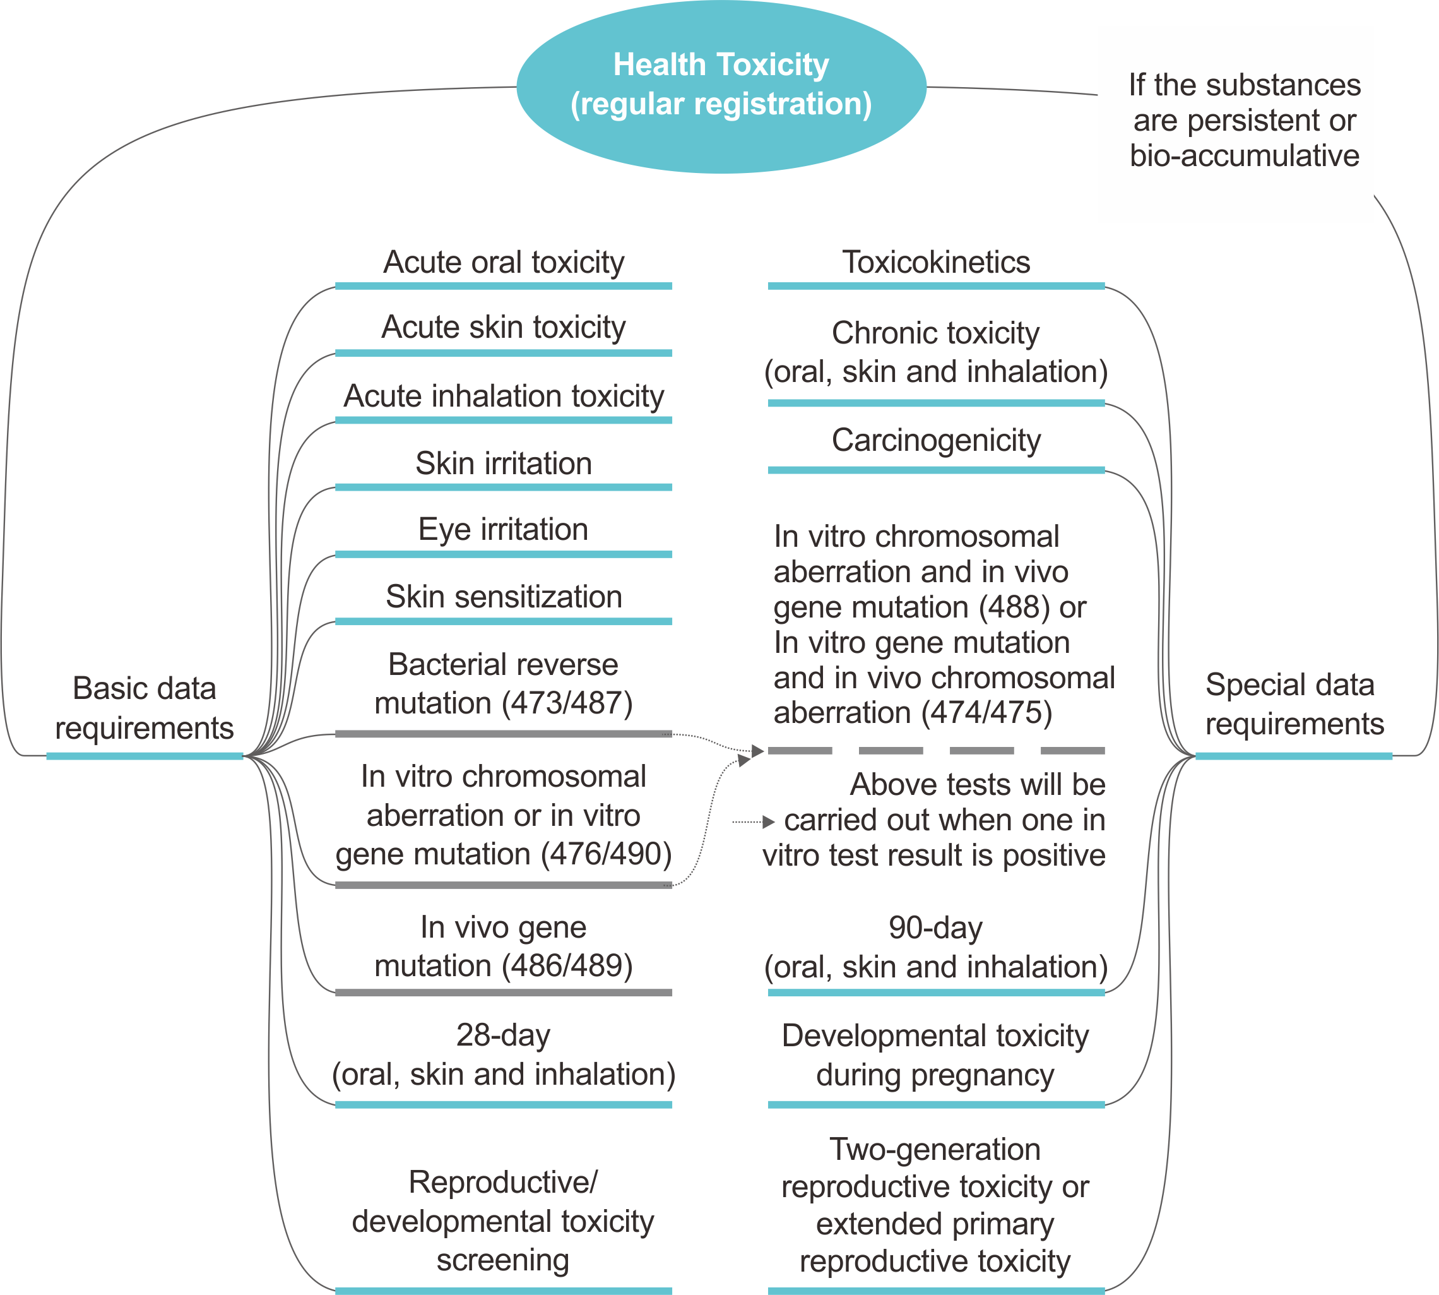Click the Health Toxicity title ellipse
click(x=721, y=85)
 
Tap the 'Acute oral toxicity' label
click(x=504, y=262)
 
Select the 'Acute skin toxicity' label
click(x=504, y=327)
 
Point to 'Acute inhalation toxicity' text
click(x=504, y=396)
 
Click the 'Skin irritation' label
click(x=504, y=463)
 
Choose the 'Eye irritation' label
click(x=504, y=529)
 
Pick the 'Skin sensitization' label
click(x=504, y=596)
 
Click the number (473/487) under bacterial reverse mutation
click(x=566, y=703)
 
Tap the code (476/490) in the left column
click(x=606, y=854)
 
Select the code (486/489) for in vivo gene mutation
click(x=566, y=965)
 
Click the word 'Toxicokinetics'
click(x=935, y=262)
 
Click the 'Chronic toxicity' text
click(x=935, y=333)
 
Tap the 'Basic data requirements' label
click(x=145, y=708)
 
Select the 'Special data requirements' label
click(x=1293, y=704)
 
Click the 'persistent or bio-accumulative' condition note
click(x=1244, y=120)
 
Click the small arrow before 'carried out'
click(x=767, y=822)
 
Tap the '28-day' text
click(x=504, y=1035)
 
